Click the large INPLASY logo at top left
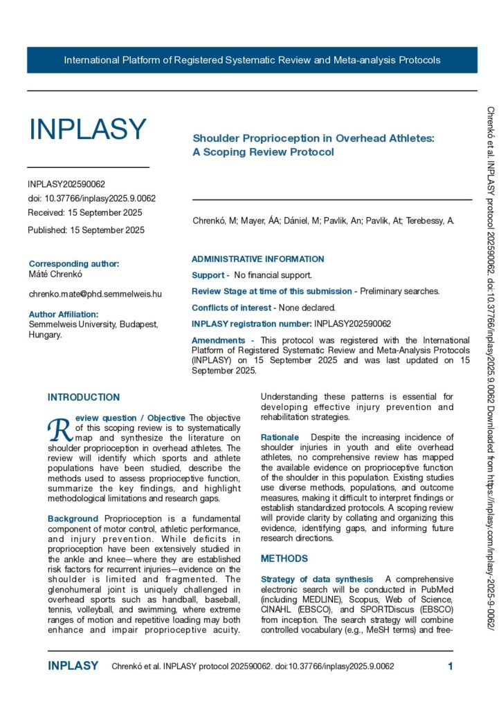click(87, 129)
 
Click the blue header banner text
click(252, 60)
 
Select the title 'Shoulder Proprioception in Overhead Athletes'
click(313, 138)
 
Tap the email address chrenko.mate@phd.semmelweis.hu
click(95, 294)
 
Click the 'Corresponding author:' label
click(74, 263)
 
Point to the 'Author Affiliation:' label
click(69, 314)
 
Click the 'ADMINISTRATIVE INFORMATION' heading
click(257, 259)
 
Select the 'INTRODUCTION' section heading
click(84, 398)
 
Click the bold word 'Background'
click(73, 519)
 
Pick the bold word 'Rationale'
click(280, 438)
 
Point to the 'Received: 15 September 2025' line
click(85, 212)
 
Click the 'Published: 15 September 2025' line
click(86, 230)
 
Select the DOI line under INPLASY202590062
click(92, 198)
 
